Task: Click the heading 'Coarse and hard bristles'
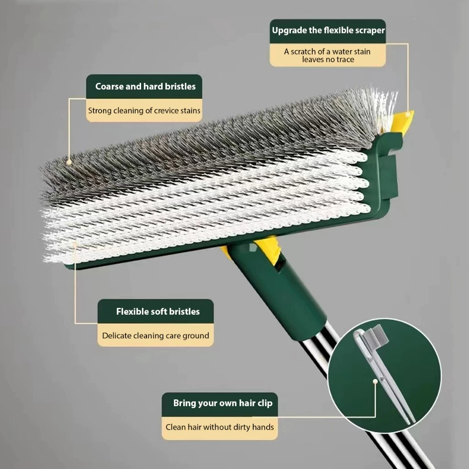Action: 145,87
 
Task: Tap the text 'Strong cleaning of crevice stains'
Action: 144,111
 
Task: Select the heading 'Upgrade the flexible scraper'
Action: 328,31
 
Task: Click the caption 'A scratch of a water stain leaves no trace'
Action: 327,55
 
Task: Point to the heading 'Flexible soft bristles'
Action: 158,311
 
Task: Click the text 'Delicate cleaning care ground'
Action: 156,336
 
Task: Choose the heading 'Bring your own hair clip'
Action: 223,403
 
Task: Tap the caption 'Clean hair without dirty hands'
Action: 219,427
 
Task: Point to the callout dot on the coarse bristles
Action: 69,162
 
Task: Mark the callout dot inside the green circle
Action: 375,382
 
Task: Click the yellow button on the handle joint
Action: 267,247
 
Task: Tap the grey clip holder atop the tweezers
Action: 377,334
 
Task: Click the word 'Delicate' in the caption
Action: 117,336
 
